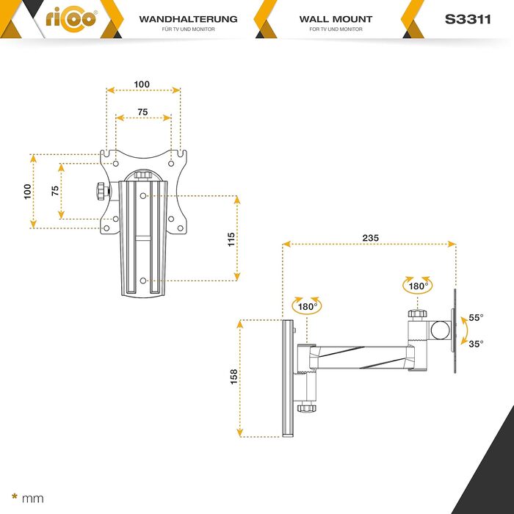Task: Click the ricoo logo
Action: (x=71, y=20)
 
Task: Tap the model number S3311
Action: (x=468, y=19)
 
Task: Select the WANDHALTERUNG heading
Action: (x=188, y=19)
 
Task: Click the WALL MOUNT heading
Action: (x=336, y=19)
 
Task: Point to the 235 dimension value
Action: (x=370, y=238)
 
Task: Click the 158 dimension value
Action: (x=234, y=377)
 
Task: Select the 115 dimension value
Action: (x=231, y=239)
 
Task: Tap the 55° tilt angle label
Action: (x=476, y=318)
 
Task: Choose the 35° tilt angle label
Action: (x=476, y=344)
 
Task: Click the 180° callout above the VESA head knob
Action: (x=418, y=286)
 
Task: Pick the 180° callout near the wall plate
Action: (x=307, y=307)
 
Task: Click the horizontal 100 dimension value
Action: (x=142, y=84)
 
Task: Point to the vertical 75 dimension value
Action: (x=55, y=191)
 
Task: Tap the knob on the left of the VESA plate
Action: (x=102, y=191)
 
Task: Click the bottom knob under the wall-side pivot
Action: (x=307, y=408)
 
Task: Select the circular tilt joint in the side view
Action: (x=440, y=330)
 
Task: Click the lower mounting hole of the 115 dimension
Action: (x=143, y=280)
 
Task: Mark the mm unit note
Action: (x=32, y=499)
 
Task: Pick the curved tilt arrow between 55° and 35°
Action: (x=464, y=330)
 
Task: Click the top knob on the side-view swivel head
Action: (x=417, y=314)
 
